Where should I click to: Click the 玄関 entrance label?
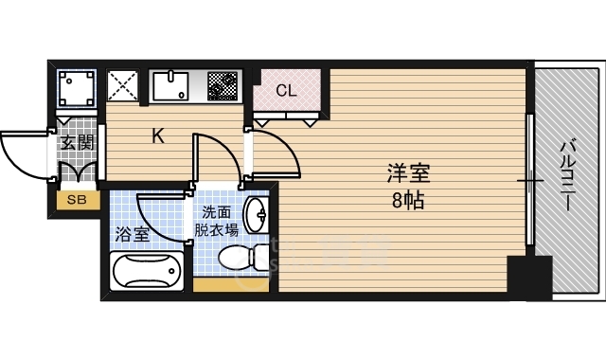(77, 143)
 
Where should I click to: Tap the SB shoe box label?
(76, 200)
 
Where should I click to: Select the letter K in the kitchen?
(159, 135)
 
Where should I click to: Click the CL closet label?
(288, 91)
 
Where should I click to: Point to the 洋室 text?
(408, 175)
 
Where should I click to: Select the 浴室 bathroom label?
(132, 234)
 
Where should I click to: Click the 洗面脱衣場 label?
(216, 221)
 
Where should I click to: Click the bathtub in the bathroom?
(146, 273)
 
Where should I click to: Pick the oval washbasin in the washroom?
(256, 217)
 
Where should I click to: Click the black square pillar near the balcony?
(528, 277)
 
